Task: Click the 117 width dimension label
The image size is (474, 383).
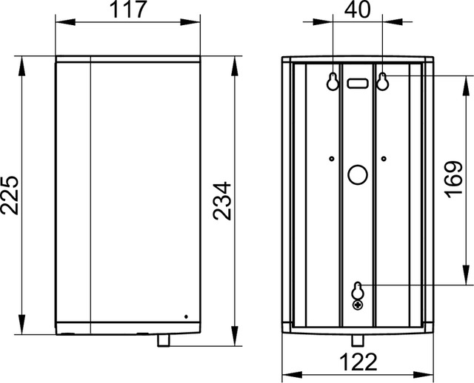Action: pos(128,12)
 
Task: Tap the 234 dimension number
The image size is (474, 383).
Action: pos(222,200)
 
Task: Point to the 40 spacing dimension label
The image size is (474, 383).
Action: pos(358,12)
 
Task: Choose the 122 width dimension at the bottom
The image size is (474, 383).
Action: pos(357,362)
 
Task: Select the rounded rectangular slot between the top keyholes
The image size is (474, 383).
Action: pos(358,83)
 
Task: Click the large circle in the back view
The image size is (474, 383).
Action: pos(358,176)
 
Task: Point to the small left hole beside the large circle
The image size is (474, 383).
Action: pos(333,157)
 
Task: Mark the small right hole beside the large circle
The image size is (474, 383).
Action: pos(384,157)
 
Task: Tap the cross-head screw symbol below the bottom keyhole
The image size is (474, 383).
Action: pos(358,303)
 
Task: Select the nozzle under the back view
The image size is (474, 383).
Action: pos(358,340)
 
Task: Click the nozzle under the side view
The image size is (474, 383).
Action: pos(164,340)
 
